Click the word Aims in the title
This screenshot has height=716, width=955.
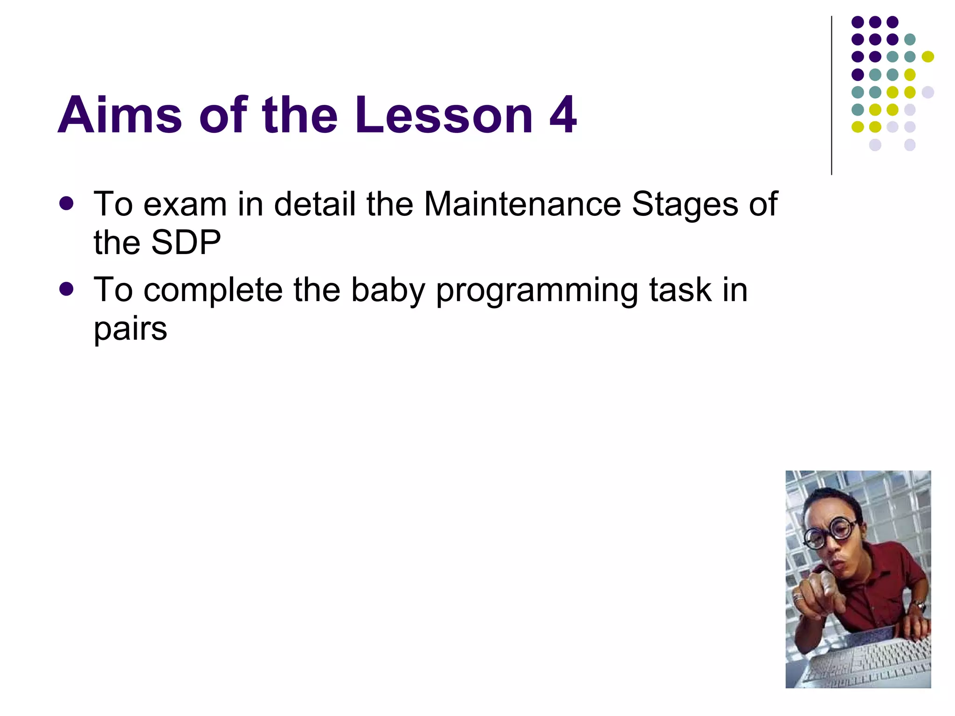point(119,115)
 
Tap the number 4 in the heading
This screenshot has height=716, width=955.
point(563,115)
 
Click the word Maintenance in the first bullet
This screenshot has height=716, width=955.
point(522,204)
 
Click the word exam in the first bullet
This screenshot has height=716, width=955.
point(185,204)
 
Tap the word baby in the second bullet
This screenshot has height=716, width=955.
point(388,290)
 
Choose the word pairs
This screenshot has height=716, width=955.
point(130,329)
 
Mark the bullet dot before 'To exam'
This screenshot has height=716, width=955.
point(67,204)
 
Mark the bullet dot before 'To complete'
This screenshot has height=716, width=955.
point(67,289)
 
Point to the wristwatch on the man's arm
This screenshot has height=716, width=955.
point(919,606)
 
